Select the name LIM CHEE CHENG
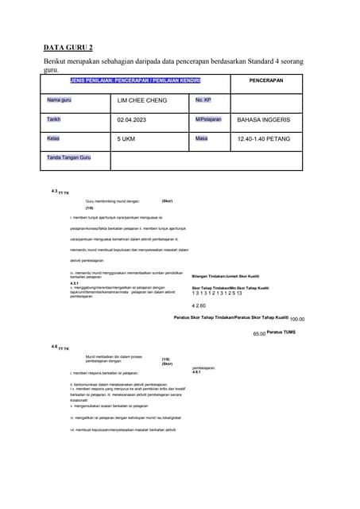(143, 101)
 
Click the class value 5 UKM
(126, 139)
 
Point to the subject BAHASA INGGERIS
(264, 120)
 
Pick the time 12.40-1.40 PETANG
(265, 139)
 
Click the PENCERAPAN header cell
(265, 81)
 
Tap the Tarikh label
(53, 119)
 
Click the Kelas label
(53, 138)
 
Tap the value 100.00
(297, 319)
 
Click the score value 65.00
(258, 334)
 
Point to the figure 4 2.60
(199, 305)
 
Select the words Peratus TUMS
(281, 332)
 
